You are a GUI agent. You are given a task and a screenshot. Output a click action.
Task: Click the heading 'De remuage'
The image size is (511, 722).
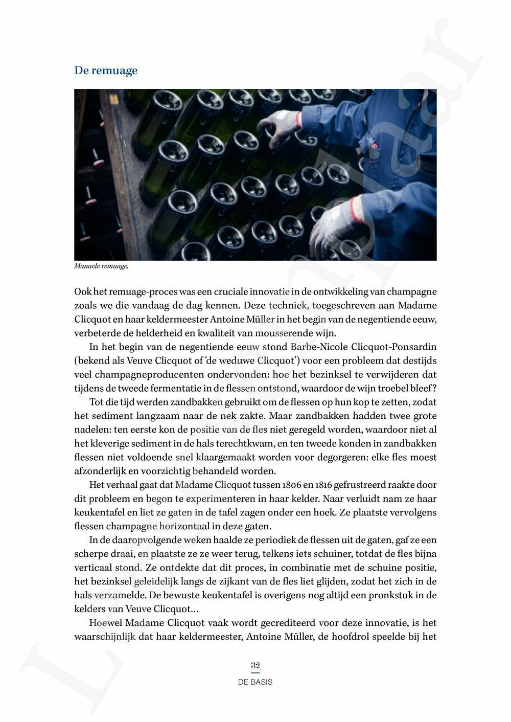106,71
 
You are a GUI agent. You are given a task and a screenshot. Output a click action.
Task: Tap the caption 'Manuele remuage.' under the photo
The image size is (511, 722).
101,266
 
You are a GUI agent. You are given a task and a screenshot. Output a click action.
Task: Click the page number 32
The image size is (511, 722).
255,665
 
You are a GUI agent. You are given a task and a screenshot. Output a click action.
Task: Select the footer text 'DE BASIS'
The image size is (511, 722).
255,682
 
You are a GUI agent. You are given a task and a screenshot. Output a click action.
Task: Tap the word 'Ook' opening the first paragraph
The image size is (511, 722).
83,292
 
